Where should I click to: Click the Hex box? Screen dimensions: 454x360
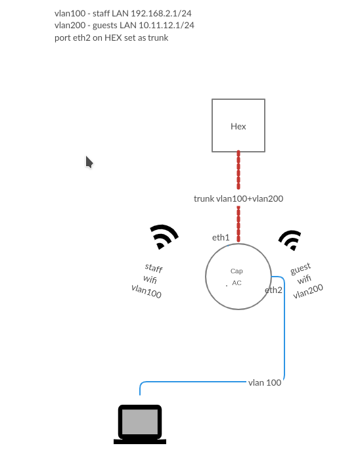click(x=238, y=125)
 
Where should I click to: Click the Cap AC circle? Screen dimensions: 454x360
click(x=238, y=277)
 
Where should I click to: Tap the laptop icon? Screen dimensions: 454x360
click(x=140, y=424)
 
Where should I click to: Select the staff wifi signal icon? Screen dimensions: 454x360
click(x=164, y=237)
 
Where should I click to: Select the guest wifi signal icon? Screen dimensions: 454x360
click(x=290, y=240)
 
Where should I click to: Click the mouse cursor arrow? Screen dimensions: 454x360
click(x=89, y=162)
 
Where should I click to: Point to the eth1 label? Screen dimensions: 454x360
click(x=221, y=238)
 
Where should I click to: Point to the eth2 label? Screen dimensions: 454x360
click(x=273, y=290)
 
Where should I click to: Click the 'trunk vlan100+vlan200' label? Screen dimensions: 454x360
click(x=238, y=198)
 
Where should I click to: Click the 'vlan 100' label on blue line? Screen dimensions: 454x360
click(x=265, y=382)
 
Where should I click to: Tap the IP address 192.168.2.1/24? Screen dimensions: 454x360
click(x=168, y=13)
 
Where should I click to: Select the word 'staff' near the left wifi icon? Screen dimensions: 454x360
click(x=154, y=268)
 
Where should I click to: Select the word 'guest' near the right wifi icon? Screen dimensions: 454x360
click(x=300, y=268)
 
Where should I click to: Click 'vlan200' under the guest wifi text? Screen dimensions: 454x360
click(x=308, y=291)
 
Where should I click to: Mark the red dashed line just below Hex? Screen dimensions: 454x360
click(x=238, y=170)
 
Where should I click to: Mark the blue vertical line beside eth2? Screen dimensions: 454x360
click(x=284, y=329)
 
